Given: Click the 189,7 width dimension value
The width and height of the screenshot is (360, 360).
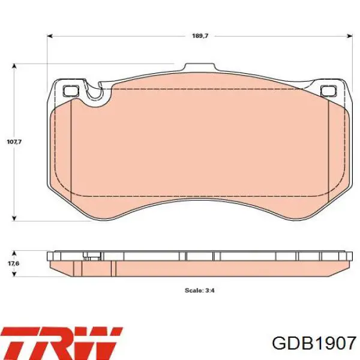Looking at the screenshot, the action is click(200, 36).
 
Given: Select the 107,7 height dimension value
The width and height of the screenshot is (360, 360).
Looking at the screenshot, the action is click(14, 142).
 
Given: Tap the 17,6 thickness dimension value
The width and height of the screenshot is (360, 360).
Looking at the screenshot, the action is click(14, 263).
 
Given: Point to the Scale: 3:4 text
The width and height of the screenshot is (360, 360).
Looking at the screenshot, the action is click(200, 290).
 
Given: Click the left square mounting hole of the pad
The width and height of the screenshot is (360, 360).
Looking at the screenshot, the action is click(71, 91).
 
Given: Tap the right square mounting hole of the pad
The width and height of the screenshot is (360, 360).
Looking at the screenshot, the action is click(328, 91).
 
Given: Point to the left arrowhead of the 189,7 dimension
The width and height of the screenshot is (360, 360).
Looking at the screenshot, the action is click(50, 36).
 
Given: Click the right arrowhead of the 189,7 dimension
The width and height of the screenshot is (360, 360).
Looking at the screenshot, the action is click(350, 36).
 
